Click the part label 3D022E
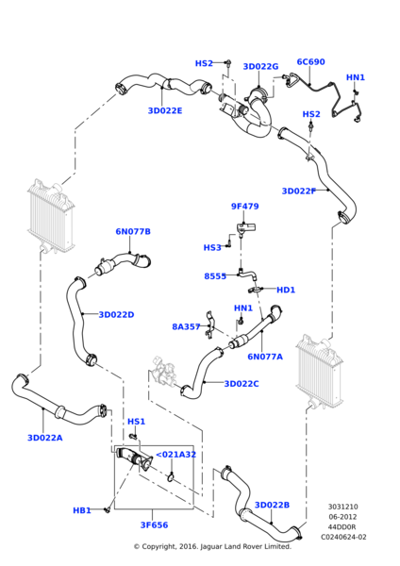point(165,110)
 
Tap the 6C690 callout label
point(310,61)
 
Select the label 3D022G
point(260,66)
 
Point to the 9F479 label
point(244,206)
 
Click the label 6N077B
point(133,231)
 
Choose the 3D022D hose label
point(116,315)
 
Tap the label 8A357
point(186,326)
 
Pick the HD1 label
point(286,290)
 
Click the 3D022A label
point(45,438)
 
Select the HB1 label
point(82,510)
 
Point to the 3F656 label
point(154,524)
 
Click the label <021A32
point(175,455)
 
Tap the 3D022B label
point(273,505)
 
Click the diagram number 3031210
point(343,507)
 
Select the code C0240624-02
point(343,537)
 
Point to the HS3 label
point(212,247)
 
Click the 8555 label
point(215,276)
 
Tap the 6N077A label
point(265,357)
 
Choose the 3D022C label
point(242,384)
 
